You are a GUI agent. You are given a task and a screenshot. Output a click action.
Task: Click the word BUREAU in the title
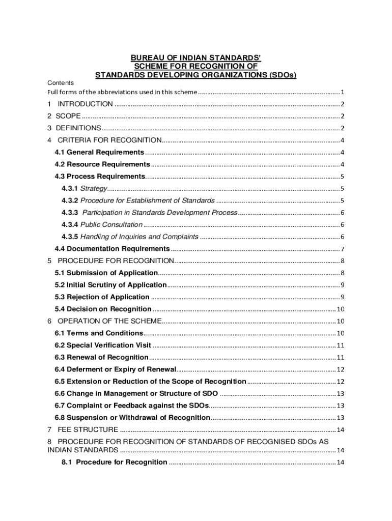pos(146,57)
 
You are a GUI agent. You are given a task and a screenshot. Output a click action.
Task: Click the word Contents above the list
pos(61,83)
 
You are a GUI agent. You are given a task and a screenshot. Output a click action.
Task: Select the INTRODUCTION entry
pos(86,104)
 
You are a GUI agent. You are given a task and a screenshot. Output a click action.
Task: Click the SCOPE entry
pos(68,116)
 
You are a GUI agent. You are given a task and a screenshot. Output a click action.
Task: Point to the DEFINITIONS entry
pos(78,128)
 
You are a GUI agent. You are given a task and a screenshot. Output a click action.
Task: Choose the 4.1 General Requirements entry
pos(99,152)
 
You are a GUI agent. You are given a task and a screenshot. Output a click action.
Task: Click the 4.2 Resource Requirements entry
pos(102,164)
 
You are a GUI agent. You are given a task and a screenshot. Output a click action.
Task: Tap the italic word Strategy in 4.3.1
pos(94,188)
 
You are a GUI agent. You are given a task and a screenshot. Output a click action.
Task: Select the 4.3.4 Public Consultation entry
pos(102,224)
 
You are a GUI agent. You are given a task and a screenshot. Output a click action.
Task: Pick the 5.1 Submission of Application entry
pos(106,273)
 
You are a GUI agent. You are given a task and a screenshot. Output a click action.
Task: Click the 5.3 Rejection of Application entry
pos(102,297)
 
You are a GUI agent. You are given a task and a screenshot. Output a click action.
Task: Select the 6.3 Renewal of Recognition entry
pos(101,357)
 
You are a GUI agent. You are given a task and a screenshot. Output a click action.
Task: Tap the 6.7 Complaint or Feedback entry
pos(131,406)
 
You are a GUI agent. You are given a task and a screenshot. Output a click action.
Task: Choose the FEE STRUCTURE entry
pos(88,429)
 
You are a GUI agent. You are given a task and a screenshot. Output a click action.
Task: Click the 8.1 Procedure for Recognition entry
pos(114,462)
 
